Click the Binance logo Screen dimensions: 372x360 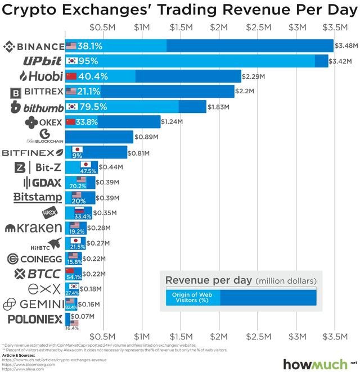coord(33,46)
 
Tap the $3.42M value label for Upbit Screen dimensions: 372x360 coord(344,61)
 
